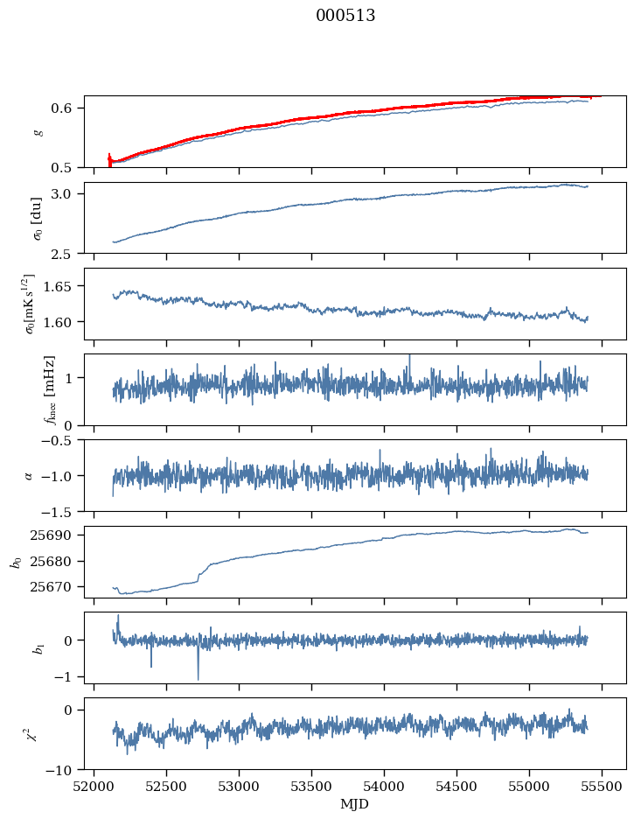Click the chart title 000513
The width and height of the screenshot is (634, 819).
click(345, 16)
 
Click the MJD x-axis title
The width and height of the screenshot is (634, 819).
click(354, 804)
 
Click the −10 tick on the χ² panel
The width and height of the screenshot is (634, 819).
click(66, 770)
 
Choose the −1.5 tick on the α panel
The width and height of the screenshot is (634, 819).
click(66, 510)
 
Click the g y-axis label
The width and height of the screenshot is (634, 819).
click(37, 131)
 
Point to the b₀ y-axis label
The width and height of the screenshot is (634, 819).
click(15, 562)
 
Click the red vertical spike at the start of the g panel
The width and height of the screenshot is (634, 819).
click(109, 159)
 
